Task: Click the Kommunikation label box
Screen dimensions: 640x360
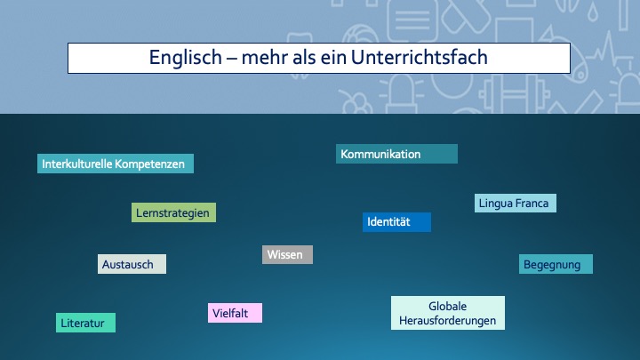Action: pyautogui.click(x=396, y=154)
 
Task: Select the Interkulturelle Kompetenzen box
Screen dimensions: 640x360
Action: pyautogui.click(x=116, y=164)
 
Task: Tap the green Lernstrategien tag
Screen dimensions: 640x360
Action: pyautogui.click(x=174, y=212)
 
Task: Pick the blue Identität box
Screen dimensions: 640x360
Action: pyautogui.click(x=396, y=222)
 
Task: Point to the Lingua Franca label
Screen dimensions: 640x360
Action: pyautogui.click(x=515, y=203)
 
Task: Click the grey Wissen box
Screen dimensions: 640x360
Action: pyautogui.click(x=287, y=255)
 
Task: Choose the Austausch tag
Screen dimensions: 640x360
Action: pyautogui.click(x=132, y=264)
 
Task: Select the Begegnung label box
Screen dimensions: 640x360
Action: pyautogui.click(x=556, y=264)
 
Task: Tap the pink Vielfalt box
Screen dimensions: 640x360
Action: pyautogui.click(x=235, y=313)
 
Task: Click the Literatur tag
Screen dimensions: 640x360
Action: pyautogui.click(x=85, y=323)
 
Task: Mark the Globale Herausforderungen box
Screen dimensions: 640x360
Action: pyautogui.click(x=448, y=313)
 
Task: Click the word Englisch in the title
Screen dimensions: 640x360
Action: pyautogui.click(x=185, y=58)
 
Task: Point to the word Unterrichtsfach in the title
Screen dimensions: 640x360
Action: pyautogui.click(x=420, y=57)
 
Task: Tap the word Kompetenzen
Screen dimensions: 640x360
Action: pyautogui.click(x=150, y=164)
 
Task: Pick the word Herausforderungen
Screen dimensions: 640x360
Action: pyautogui.click(x=448, y=321)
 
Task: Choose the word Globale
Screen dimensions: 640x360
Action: pyautogui.click(x=448, y=306)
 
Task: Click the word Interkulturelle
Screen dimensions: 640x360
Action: pyautogui.click(x=76, y=164)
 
